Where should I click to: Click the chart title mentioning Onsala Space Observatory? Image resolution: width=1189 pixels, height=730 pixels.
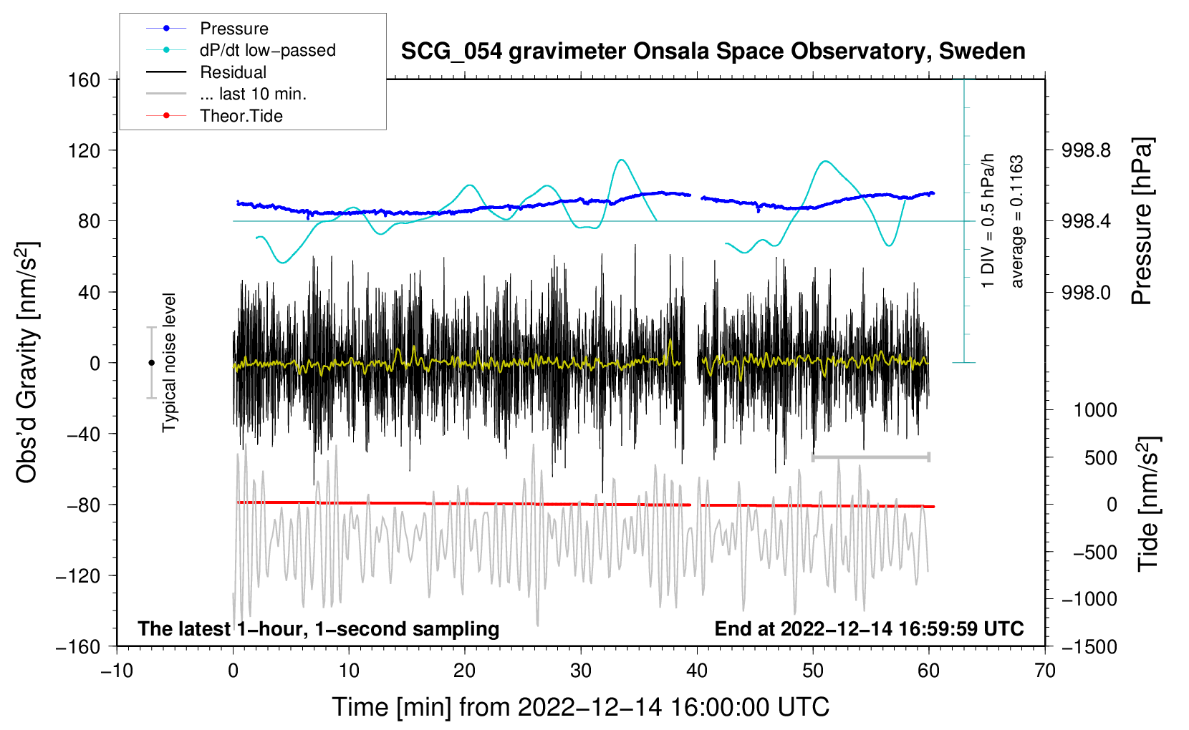[x=713, y=52]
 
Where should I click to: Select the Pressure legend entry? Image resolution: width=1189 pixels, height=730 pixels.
[x=234, y=29]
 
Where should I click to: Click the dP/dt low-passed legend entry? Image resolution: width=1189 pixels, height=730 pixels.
[x=267, y=50]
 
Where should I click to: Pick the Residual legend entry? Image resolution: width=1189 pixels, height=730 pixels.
[x=233, y=72]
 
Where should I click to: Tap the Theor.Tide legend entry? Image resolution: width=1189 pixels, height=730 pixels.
[x=241, y=116]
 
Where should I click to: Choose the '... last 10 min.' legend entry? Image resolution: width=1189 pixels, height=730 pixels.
[x=253, y=94]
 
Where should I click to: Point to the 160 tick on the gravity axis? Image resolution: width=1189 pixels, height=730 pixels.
[x=85, y=79]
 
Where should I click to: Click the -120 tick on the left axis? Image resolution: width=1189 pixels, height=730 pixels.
[x=79, y=575]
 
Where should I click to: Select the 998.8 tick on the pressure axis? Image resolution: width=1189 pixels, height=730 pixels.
[x=1087, y=150]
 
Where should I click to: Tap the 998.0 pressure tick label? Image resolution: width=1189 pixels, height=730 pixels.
[x=1087, y=292]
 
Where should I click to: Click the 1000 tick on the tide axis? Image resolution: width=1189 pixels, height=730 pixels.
[x=1095, y=410]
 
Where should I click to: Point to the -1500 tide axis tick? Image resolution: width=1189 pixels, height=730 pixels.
[x=1089, y=646]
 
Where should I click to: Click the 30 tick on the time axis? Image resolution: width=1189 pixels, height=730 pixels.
[x=581, y=671]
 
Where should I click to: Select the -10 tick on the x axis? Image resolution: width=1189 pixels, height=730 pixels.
[x=117, y=671]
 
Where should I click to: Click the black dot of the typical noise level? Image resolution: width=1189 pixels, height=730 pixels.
[x=151, y=363]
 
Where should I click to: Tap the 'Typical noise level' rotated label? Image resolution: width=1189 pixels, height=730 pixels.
[x=169, y=363]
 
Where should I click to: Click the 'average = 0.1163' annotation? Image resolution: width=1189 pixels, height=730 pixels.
[x=1017, y=222]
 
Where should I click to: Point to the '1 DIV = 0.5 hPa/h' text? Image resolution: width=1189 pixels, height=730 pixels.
[x=988, y=220]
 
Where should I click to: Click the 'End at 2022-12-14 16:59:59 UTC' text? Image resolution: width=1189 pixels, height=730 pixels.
[x=869, y=628]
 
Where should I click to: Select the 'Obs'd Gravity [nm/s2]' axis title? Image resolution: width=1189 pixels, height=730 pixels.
[x=27, y=363]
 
